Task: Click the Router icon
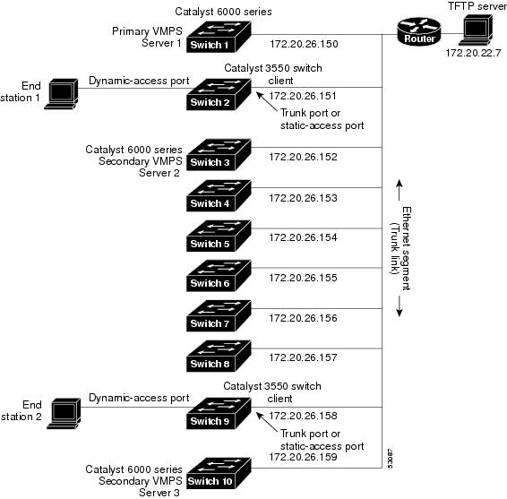point(418,31)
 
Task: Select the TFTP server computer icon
point(476,30)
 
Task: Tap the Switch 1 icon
point(219,37)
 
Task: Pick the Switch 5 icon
point(219,236)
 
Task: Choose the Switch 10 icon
point(219,473)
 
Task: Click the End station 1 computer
point(62,94)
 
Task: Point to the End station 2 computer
point(64,414)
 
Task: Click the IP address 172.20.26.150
point(304,44)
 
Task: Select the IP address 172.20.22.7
point(473,53)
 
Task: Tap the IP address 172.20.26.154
point(303,237)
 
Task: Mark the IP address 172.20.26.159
point(303,457)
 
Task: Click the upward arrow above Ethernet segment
point(400,190)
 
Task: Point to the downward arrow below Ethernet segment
point(400,305)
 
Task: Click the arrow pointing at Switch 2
point(267,102)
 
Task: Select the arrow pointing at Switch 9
point(267,422)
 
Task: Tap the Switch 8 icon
point(219,356)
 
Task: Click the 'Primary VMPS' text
point(147,31)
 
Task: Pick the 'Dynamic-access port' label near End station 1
point(139,81)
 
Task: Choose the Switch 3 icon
point(219,155)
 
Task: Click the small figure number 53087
point(390,459)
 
